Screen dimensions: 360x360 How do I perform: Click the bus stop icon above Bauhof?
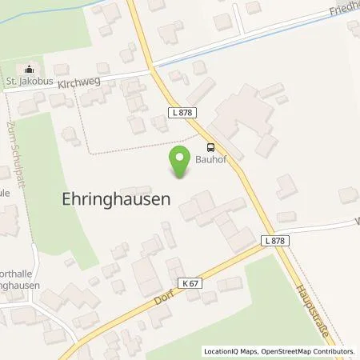coord(210,146)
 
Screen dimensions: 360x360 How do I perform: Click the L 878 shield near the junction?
coord(272,239)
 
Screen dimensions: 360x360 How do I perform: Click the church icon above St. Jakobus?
coord(30,68)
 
